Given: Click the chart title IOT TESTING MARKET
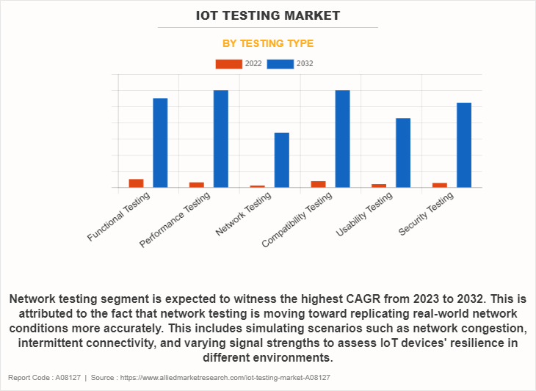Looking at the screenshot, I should pyautogui.click(x=268, y=15).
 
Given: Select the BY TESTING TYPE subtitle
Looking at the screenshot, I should pyautogui.click(x=268, y=43).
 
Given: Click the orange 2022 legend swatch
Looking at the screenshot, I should pyautogui.click(x=228, y=64).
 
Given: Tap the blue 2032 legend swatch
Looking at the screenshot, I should pyautogui.click(x=280, y=64).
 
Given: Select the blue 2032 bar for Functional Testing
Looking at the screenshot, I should pyautogui.click(x=160, y=142).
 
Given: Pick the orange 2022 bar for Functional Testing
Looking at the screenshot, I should pyautogui.click(x=136, y=183).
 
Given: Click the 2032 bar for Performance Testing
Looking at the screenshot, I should pyautogui.click(x=221, y=139).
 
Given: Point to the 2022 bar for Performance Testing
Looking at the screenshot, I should pyautogui.click(x=197, y=184).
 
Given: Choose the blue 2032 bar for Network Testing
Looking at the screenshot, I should pyautogui.click(x=282, y=160).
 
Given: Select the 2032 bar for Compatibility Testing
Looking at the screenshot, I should pyautogui.click(x=342, y=139).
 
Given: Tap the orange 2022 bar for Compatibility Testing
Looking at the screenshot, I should pyautogui.click(x=318, y=183).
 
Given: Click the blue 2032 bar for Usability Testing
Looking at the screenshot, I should pyautogui.click(x=403, y=153).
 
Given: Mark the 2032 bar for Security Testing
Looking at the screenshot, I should pyautogui.click(x=464, y=145).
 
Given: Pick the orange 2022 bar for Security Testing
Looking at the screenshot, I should pyautogui.click(x=440, y=184).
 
